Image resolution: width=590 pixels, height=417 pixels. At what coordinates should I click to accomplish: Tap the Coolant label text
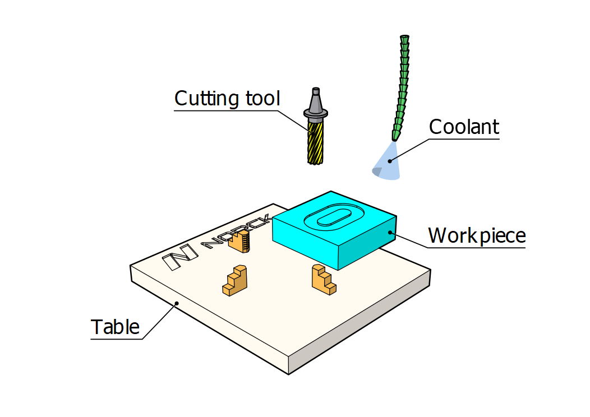[463, 127]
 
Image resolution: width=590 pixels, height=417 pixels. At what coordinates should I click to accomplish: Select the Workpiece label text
[476, 235]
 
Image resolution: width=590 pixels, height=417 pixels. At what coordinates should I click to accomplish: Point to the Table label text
[115, 327]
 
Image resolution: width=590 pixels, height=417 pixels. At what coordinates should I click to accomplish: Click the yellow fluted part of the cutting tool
[316, 142]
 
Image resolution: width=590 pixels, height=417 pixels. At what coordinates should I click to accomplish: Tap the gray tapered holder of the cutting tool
[316, 104]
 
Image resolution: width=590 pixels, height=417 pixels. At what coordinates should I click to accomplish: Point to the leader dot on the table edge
[177, 303]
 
